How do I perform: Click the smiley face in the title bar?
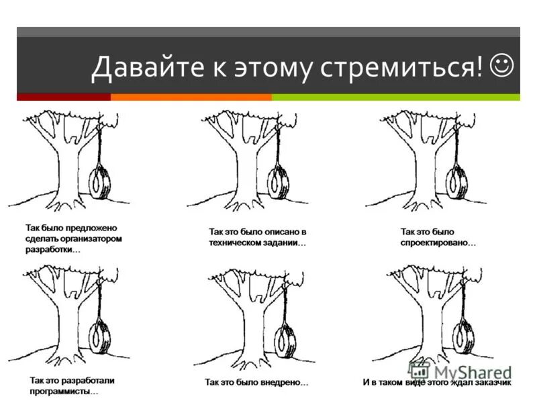[502, 66]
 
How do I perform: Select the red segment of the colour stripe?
[63, 97]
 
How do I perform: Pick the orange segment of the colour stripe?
[191, 97]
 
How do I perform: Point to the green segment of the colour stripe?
[395, 97]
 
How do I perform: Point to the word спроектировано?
[438, 242]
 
